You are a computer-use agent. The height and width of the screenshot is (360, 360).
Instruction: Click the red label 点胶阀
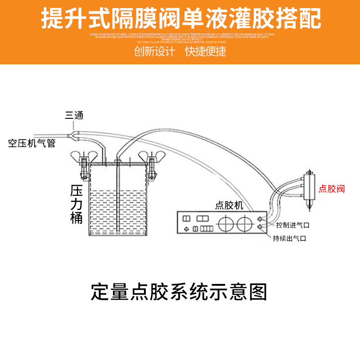332,189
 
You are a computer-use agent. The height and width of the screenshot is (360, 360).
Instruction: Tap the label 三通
74,116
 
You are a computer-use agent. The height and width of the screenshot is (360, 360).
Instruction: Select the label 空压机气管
32,144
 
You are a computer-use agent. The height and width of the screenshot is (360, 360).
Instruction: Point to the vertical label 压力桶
76,205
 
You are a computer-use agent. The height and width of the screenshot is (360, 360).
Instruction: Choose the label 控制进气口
293,225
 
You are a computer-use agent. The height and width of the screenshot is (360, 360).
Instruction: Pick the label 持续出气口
289,238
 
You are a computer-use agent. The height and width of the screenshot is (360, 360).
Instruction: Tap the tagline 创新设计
154,51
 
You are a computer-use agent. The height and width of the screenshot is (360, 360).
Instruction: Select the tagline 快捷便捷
206,51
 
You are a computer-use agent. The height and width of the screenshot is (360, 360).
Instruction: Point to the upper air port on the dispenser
260,219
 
